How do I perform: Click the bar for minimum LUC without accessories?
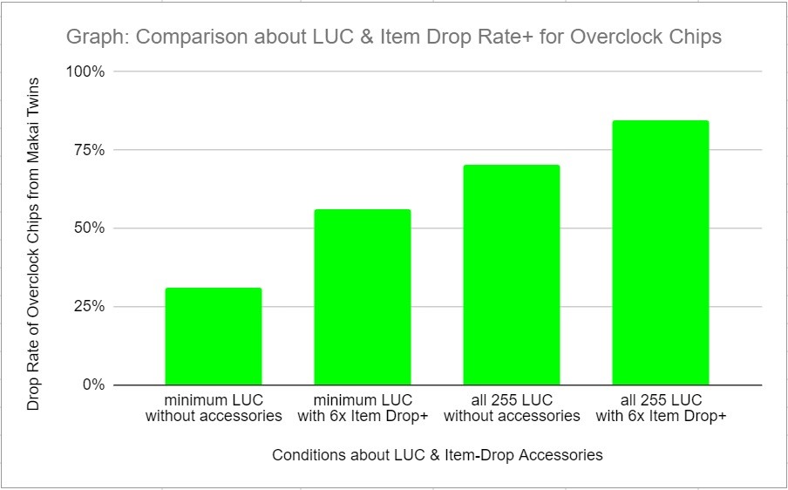214,337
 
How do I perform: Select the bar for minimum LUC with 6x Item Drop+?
362,297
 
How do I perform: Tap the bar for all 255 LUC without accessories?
512,275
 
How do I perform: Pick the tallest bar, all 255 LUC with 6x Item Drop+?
660,253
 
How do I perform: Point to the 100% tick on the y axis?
86,71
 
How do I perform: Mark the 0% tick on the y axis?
93,385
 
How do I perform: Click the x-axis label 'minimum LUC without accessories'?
214,408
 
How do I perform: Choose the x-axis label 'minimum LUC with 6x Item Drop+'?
362,408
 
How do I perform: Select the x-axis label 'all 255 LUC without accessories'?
512,408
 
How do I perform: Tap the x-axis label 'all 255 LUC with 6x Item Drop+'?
660,408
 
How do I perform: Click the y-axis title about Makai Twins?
34,243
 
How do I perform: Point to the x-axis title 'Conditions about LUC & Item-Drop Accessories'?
437,455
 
